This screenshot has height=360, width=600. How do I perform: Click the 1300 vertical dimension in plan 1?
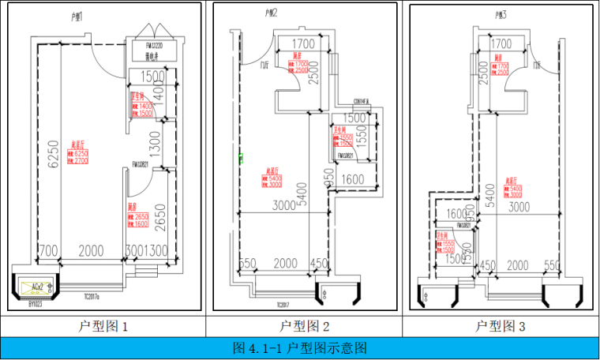click(x=155, y=144)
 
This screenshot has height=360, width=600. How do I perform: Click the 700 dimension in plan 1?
click(x=48, y=251)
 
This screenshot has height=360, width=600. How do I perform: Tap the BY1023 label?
click(x=36, y=302)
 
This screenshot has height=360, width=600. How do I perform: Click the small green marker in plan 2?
click(x=241, y=159)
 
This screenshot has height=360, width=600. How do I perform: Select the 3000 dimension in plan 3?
click(x=519, y=207)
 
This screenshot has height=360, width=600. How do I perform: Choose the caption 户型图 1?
click(x=103, y=326)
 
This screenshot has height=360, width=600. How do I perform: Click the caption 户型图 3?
click(x=501, y=326)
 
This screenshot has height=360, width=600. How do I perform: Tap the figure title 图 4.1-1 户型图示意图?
click(x=300, y=347)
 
